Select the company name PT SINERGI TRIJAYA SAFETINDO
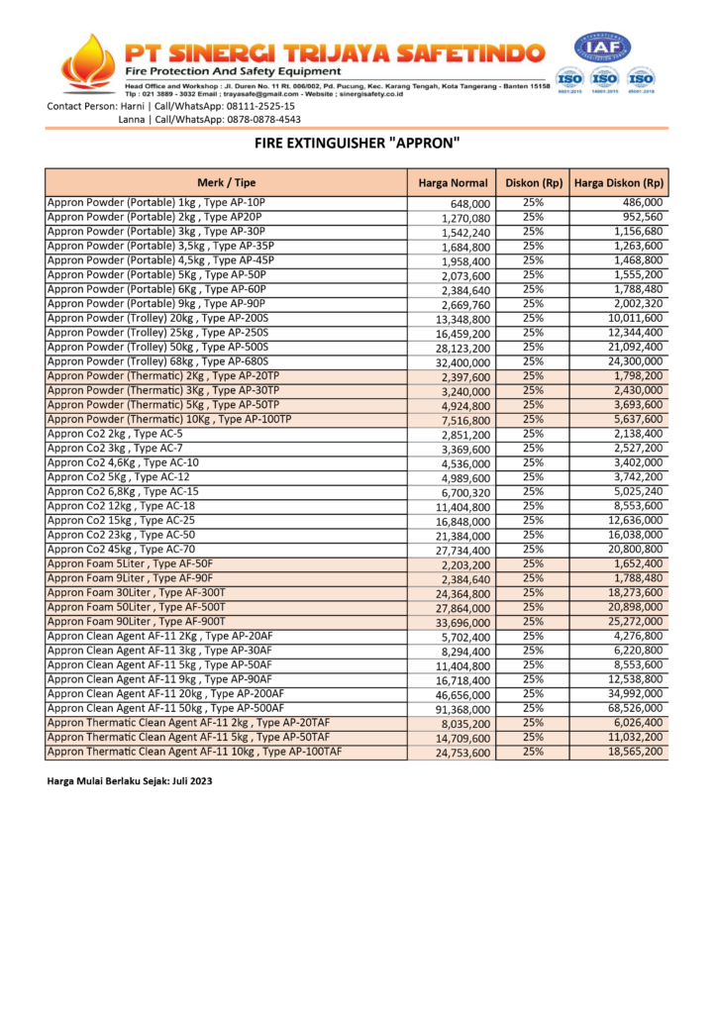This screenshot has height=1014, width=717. tap(333, 51)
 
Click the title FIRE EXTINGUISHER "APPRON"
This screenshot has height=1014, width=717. tap(358, 143)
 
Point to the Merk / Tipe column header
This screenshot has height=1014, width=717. tap(226, 183)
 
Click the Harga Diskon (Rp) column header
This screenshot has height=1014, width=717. tap(619, 183)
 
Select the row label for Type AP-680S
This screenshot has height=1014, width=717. tap(157, 361)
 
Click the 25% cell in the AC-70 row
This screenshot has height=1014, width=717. tap(533, 549)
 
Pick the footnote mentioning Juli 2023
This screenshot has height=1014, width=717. tap(130, 781)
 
